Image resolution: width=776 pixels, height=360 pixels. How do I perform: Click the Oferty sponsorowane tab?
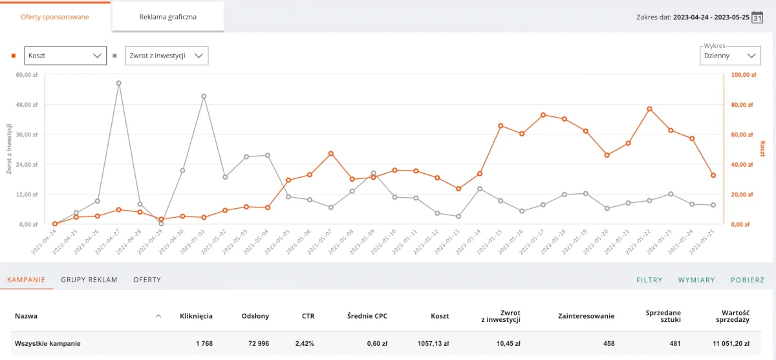pos(55,17)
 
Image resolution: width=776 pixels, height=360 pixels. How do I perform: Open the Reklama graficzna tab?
pos(167,17)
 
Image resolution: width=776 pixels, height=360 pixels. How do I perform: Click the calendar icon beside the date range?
pos(757,17)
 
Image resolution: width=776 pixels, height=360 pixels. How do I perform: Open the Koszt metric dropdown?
pos(65,56)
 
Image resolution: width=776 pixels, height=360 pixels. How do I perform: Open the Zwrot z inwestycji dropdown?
pos(166,56)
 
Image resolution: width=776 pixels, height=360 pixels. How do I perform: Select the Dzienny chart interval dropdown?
pos(729,56)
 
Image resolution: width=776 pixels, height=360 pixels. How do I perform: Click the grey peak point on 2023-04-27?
pos(118,83)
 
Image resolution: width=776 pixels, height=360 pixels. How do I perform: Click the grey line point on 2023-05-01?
pos(204,96)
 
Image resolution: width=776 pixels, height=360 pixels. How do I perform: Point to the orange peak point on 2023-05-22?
pos(649,109)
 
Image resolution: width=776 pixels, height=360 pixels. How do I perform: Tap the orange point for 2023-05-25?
pos(713,175)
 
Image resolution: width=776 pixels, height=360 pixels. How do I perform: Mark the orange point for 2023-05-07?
pos(331,154)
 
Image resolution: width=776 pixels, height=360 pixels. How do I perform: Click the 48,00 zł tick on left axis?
pos(27,105)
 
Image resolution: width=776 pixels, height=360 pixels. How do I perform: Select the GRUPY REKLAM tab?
pos(89,280)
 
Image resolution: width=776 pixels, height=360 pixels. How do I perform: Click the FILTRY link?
pos(649,280)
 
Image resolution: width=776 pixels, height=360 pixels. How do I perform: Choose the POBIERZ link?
pos(748,280)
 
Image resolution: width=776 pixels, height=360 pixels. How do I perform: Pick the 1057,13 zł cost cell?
pos(431,344)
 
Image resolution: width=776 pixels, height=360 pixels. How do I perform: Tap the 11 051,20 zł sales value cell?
pos(727,344)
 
